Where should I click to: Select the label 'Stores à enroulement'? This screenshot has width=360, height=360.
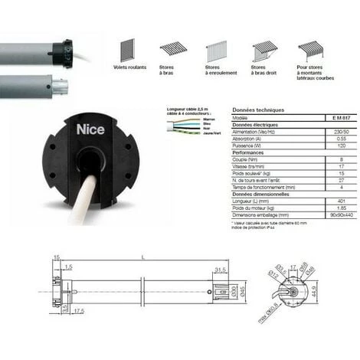click(x=217, y=74)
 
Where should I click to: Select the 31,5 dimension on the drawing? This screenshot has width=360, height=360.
click(x=220, y=269)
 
